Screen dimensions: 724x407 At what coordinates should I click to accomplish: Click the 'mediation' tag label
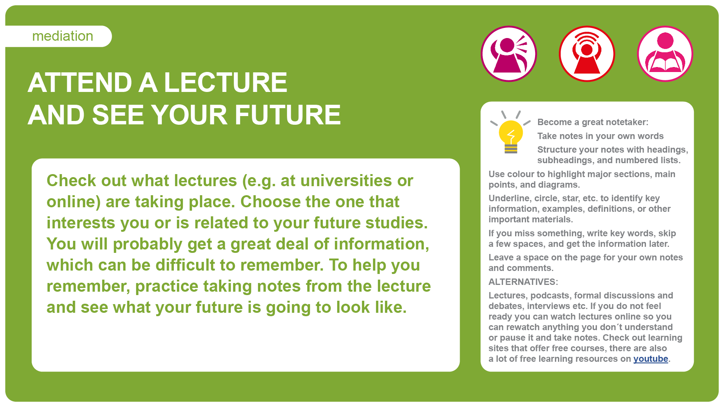tap(63, 36)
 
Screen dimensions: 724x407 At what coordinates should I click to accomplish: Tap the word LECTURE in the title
tap(225, 83)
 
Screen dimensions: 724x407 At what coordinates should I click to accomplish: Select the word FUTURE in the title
tap(288, 115)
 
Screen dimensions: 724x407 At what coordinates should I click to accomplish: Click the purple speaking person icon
tap(509, 54)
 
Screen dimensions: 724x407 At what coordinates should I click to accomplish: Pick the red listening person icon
tap(587, 54)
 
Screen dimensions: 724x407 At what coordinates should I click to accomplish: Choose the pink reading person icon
tap(665, 54)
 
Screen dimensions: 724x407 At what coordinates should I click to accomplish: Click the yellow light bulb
tap(511, 136)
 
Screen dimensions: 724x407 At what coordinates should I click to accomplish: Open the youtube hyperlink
tap(650, 359)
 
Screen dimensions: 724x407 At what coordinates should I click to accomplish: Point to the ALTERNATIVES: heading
tap(523, 282)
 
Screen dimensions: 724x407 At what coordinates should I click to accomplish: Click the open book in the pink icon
tap(665, 63)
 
